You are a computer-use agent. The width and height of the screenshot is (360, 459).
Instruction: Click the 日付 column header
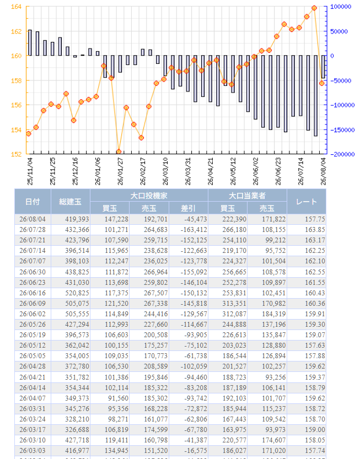click(33, 202)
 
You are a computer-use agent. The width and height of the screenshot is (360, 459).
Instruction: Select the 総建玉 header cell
click(71, 202)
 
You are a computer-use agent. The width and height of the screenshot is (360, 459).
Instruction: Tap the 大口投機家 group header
click(149, 196)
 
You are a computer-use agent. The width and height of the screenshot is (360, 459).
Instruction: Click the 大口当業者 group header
click(247, 196)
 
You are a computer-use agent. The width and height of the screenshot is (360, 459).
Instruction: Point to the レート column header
click(307, 202)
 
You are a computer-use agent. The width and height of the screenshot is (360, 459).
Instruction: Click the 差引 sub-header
click(189, 208)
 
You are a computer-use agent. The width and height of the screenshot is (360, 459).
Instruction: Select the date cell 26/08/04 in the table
click(33, 219)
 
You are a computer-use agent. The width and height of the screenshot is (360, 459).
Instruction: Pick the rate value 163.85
click(315, 230)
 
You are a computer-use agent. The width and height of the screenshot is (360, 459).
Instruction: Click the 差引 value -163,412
click(194, 230)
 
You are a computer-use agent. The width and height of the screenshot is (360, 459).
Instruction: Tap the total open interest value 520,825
click(77, 293)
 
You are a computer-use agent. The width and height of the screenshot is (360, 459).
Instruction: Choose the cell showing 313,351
click(234, 304)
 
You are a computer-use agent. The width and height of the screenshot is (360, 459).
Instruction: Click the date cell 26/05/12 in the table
click(33, 345)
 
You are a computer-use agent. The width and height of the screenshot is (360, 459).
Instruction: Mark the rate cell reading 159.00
click(315, 430)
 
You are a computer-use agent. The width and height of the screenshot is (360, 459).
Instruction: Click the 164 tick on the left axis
click(16, 7)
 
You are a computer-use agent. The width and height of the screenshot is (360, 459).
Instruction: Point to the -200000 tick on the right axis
click(342, 154)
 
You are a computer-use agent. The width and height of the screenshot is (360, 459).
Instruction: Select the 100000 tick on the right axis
click(341, 7)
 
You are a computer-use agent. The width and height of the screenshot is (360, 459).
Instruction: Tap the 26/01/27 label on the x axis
click(120, 171)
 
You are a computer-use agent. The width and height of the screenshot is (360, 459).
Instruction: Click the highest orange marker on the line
click(314, 8)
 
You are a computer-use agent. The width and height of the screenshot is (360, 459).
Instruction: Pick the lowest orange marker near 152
click(119, 152)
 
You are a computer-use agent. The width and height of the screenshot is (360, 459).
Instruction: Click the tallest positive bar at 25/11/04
click(30, 43)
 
